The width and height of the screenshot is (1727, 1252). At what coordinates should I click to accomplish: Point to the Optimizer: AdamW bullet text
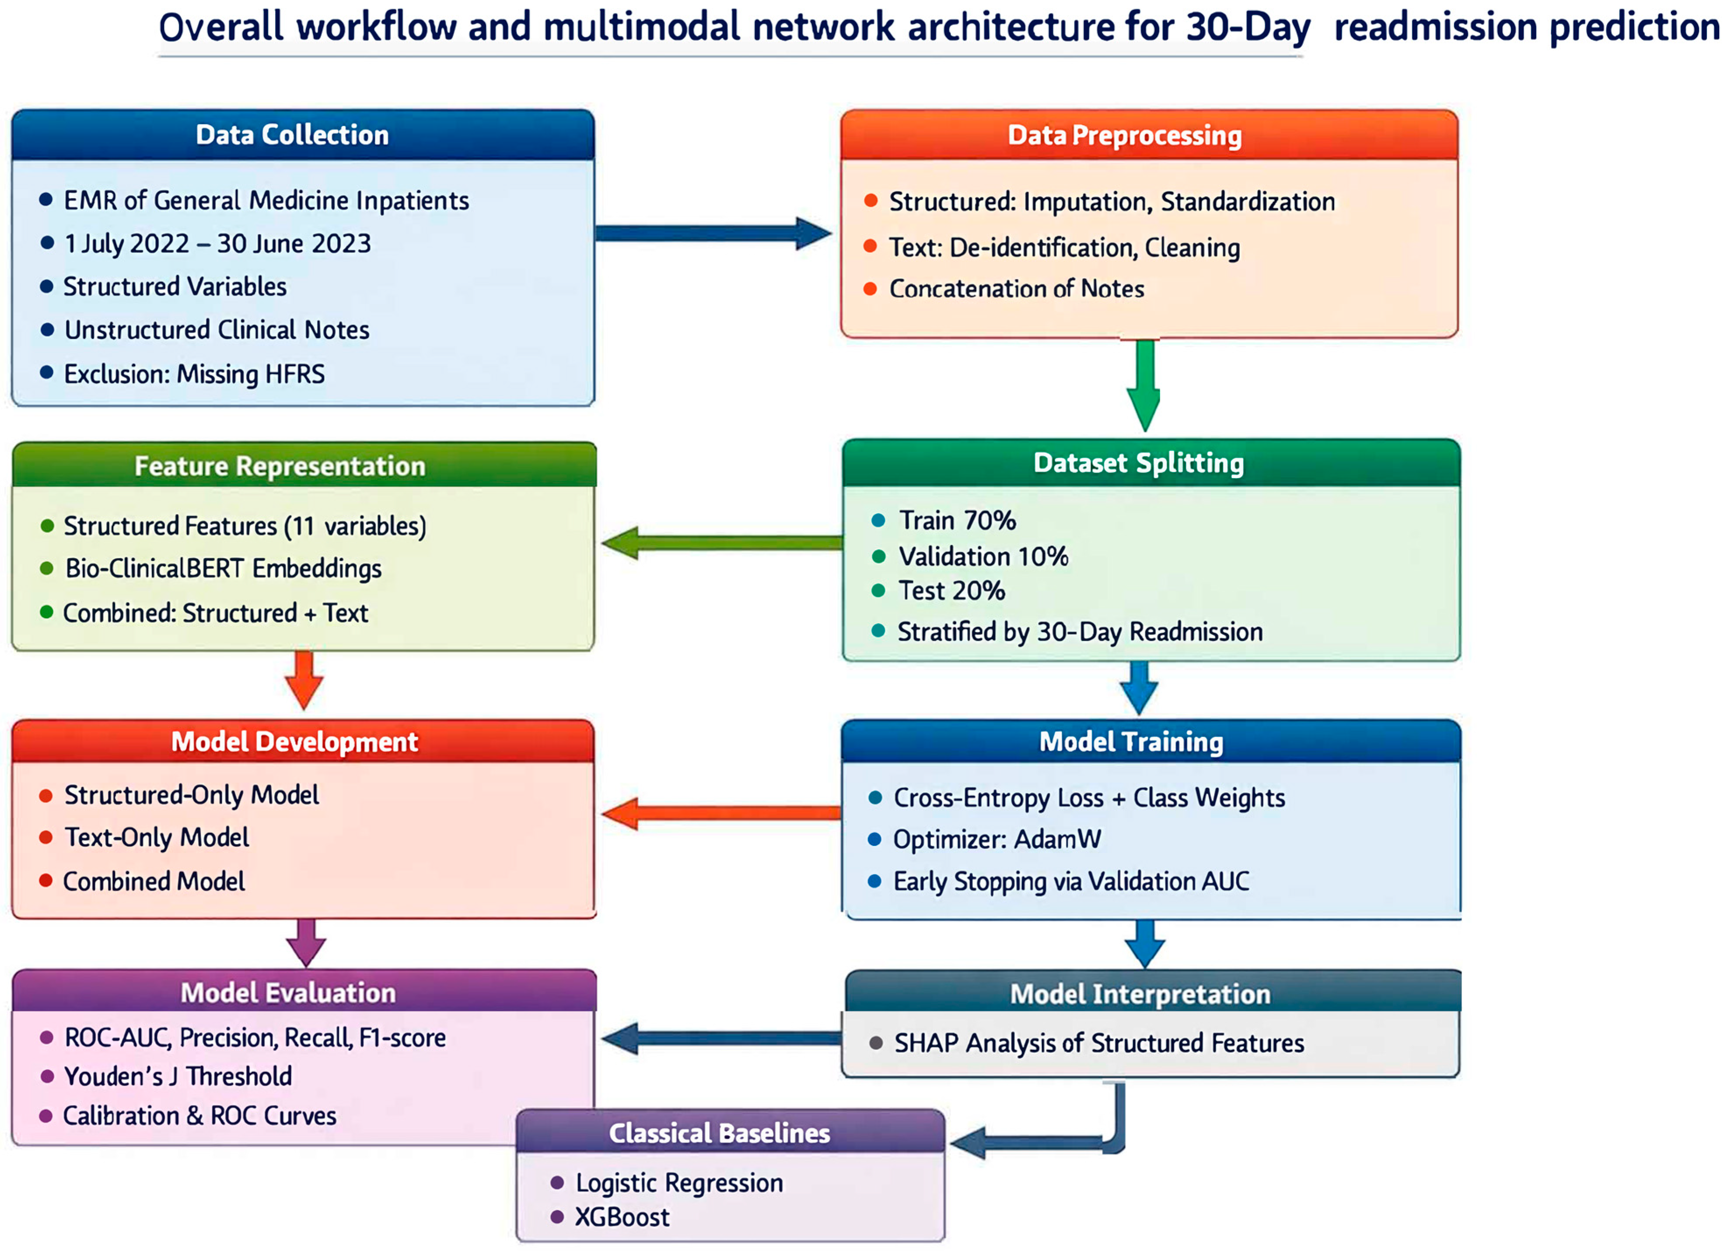click(997, 839)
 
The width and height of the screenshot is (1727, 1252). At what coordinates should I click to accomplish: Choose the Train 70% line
click(957, 520)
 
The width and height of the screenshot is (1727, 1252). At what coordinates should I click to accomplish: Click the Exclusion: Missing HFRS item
click(194, 374)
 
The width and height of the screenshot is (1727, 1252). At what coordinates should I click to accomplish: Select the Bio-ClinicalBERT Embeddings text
click(223, 568)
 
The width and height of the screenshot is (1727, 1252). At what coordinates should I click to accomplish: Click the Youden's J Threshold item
click(178, 1076)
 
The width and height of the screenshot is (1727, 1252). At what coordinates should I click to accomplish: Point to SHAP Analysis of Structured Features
click(1098, 1042)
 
